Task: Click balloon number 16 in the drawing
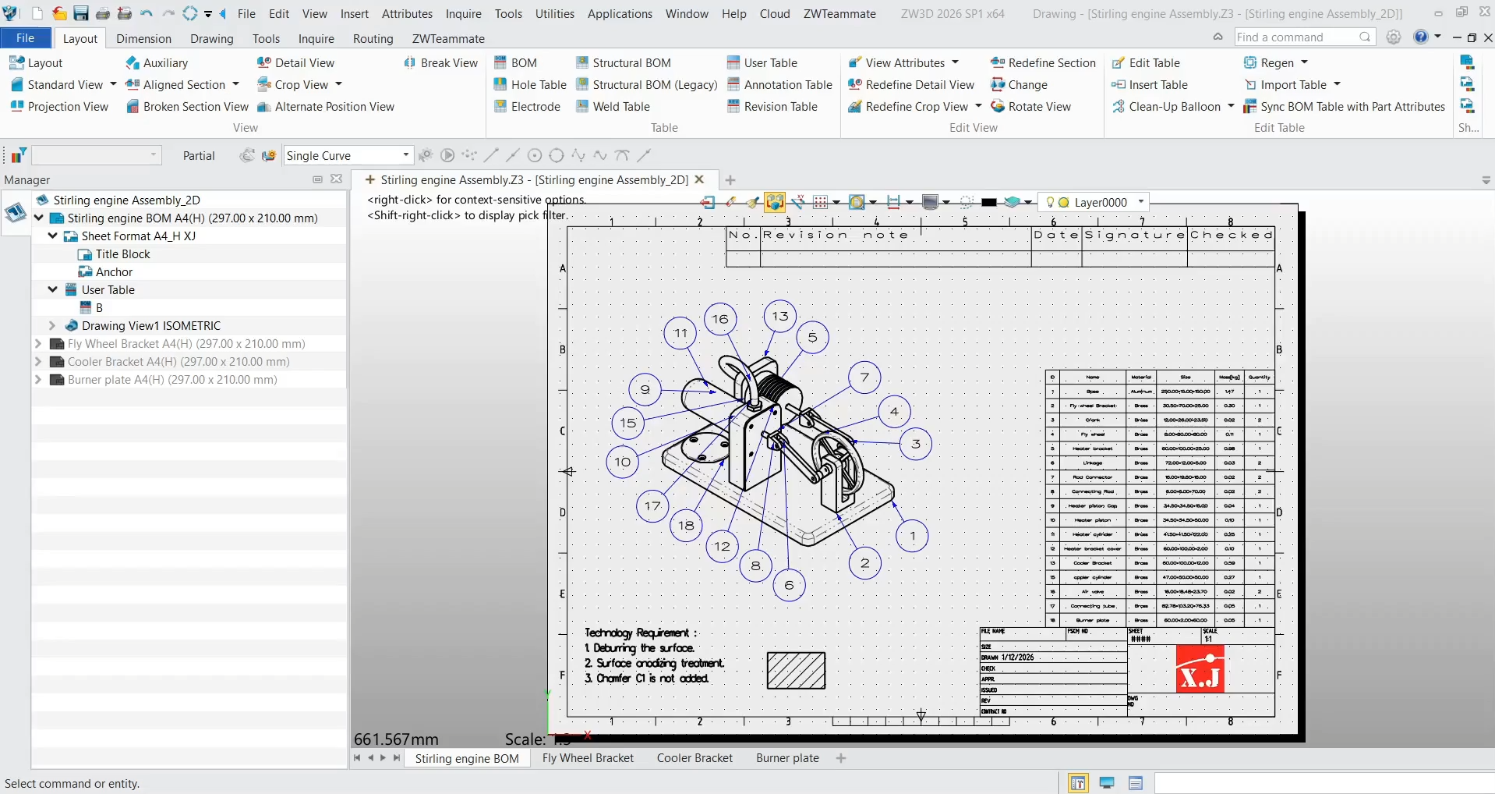point(720,319)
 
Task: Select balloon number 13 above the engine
point(780,316)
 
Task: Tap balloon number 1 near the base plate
point(913,537)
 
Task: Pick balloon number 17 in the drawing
point(652,506)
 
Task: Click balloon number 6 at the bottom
point(789,585)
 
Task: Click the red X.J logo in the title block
point(1200,669)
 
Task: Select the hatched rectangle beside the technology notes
point(796,671)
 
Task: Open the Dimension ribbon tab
point(143,39)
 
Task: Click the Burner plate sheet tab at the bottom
point(787,758)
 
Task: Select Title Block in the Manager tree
point(122,254)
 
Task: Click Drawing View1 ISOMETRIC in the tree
point(150,326)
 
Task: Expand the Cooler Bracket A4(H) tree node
point(38,362)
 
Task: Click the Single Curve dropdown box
point(347,156)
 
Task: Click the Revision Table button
point(780,107)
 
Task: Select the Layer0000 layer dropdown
point(1100,203)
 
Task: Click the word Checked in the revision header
point(1231,235)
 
